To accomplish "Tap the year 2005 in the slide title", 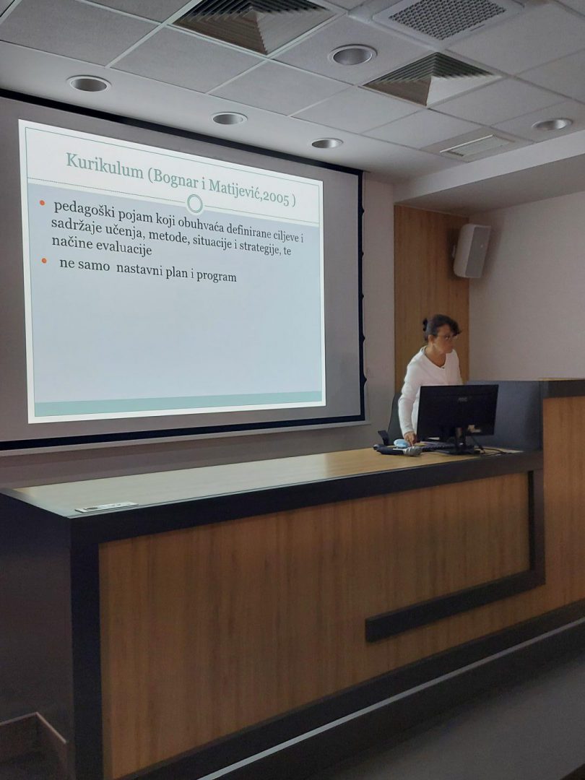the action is (276, 196).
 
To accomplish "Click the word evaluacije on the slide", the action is (127, 248).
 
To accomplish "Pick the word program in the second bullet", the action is (217, 276).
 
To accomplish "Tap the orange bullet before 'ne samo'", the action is (44, 260).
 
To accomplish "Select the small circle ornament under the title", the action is (195, 204).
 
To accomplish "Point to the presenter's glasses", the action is (446, 337).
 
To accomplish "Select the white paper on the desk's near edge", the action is (106, 507).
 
